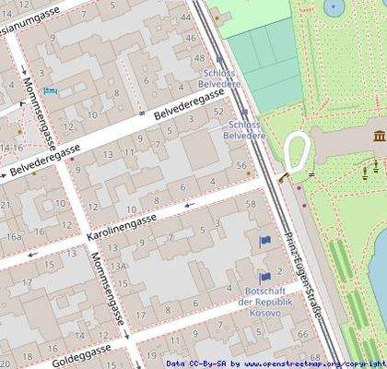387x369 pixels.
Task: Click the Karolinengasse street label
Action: pyautogui.click(x=121, y=226)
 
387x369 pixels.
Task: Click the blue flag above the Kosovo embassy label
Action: pyautogui.click(x=265, y=276)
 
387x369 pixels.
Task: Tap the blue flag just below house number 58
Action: pyautogui.click(x=265, y=241)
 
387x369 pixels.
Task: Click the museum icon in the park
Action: pyautogui.click(x=379, y=137)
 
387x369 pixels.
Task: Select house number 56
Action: pyautogui.click(x=241, y=166)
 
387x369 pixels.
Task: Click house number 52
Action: pyautogui.click(x=218, y=111)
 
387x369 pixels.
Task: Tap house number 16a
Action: pyautogui.click(x=13, y=237)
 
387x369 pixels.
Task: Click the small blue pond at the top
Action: pyautogui.click(x=334, y=6)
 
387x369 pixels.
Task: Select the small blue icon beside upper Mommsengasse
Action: pyautogui.click(x=49, y=91)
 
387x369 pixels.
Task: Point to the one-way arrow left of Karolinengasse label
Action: pyautogui.click(x=34, y=253)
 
